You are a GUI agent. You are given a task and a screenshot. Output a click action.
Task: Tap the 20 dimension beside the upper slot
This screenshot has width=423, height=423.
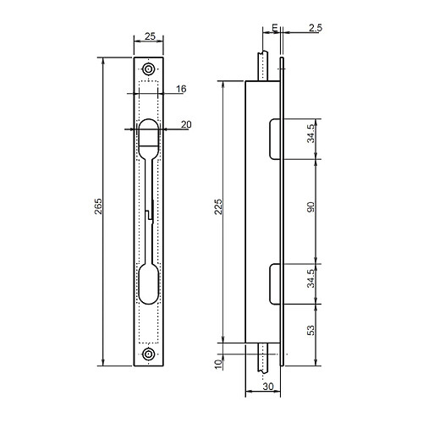click(185, 124)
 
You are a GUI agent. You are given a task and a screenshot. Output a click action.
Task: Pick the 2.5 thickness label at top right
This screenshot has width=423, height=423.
click(316, 29)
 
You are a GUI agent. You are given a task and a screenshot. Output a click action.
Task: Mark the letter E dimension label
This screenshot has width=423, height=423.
click(277, 29)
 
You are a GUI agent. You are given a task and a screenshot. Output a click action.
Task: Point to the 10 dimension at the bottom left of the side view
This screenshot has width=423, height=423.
click(218, 363)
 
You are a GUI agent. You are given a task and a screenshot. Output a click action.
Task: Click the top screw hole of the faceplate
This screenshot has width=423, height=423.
click(149, 69)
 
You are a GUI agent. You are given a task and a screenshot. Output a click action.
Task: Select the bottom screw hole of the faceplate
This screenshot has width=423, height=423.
click(149, 355)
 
